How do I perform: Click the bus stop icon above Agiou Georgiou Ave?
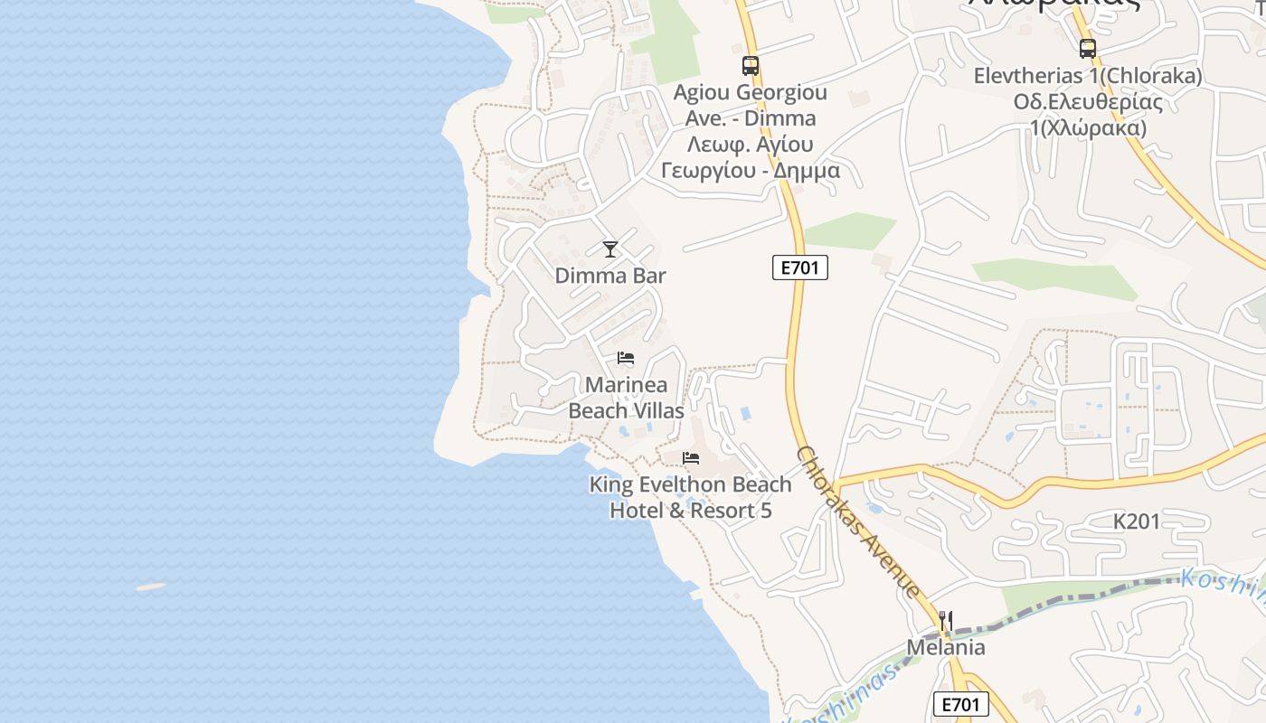tap(751, 65)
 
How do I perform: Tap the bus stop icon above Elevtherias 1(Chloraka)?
tap(1088, 49)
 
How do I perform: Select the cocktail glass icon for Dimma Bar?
tap(610, 249)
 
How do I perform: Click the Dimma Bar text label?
tap(610, 276)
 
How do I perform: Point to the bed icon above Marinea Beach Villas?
tap(626, 358)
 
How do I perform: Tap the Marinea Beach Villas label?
tap(626, 398)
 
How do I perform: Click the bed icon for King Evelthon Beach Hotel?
tap(692, 458)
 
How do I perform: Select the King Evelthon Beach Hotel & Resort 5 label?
tap(691, 497)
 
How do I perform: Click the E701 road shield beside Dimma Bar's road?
tap(800, 268)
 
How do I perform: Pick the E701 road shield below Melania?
tap(961, 704)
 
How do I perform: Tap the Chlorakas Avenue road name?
tap(858, 522)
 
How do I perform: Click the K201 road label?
tap(1136, 521)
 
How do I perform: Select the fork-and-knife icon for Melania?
tap(946, 621)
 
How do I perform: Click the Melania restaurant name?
tap(946, 647)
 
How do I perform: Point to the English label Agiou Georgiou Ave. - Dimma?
tap(751, 105)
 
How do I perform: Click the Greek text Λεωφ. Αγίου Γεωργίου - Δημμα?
tap(751, 157)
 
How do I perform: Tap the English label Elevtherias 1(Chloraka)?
tap(1088, 76)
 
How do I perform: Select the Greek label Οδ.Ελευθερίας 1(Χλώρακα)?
tap(1088, 115)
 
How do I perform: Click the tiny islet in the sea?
tap(151, 587)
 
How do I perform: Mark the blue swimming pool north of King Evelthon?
tap(745, 414)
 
